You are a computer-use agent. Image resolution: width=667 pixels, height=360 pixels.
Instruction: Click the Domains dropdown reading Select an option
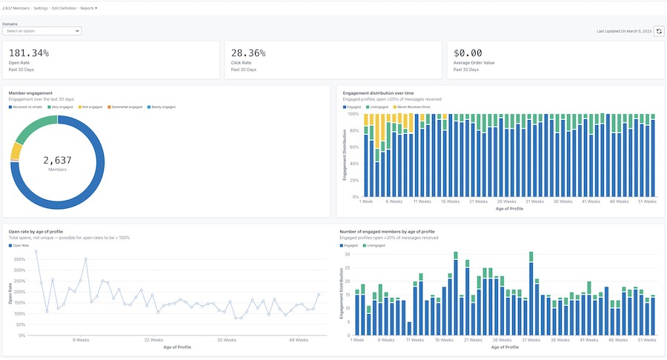[x=42, y=31]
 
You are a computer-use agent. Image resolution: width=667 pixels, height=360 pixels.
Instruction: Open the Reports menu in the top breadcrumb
[x=88, y=7]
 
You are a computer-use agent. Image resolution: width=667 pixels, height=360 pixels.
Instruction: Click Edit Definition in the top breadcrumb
[x=64, y=7]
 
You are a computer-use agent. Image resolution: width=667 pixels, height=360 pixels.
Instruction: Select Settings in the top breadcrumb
[x=41, y=7]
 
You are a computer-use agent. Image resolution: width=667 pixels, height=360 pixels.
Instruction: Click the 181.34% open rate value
[x=30, y=53]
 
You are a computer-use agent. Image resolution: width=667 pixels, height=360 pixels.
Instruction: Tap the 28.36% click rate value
[x=248, y=53]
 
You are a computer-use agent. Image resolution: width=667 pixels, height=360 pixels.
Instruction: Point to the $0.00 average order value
[x=467, y=53]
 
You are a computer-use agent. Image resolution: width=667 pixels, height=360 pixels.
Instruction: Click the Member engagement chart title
[x=30, y=93]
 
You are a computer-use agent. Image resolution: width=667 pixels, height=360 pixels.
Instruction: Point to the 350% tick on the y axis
[x=20, y=259]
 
